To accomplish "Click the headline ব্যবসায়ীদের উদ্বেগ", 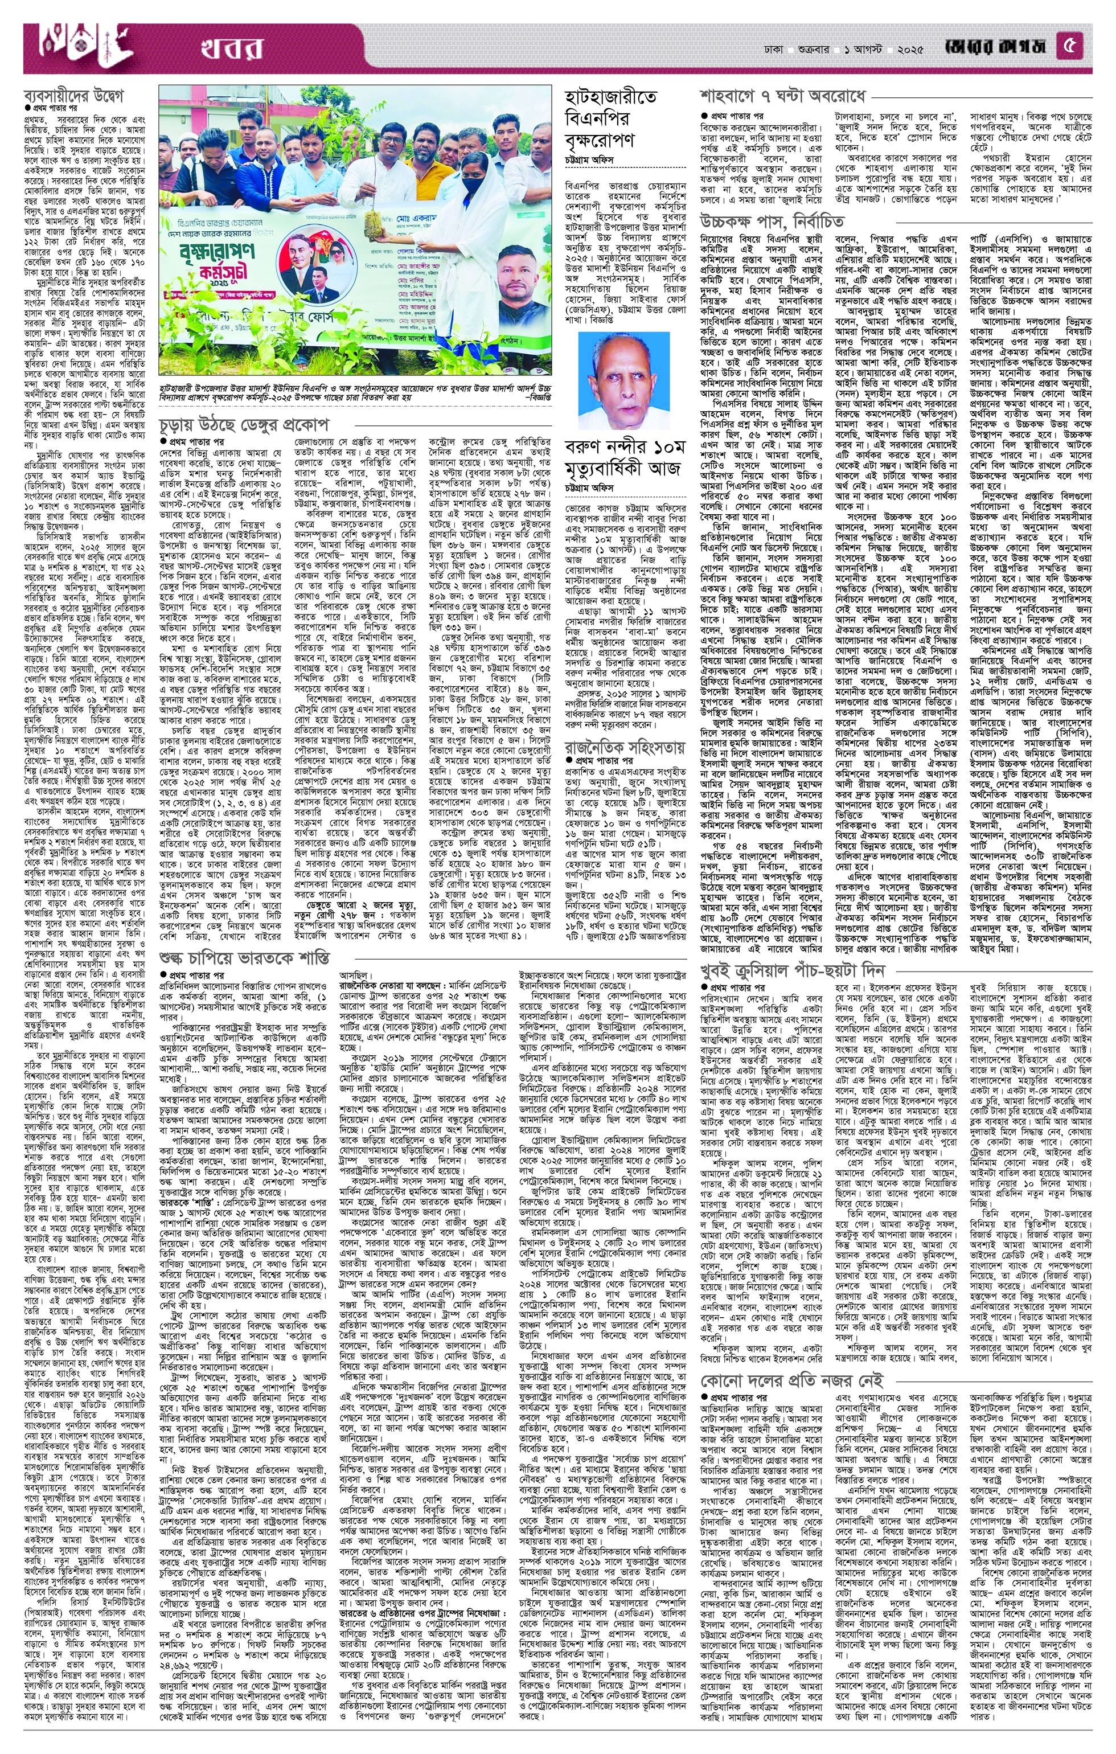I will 74,97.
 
